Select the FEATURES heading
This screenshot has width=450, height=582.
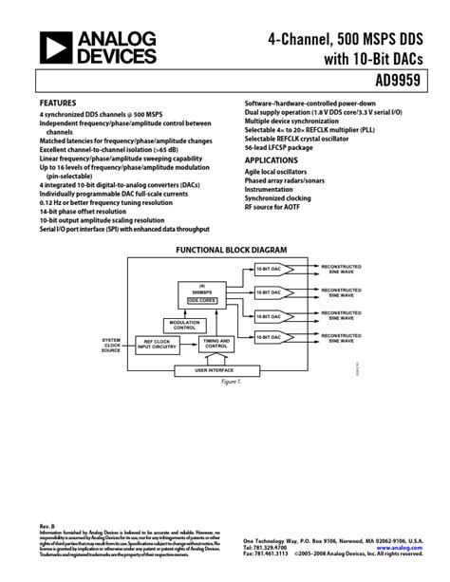(x=59, y=102)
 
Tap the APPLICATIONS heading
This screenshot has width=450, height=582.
(x=272, y=160)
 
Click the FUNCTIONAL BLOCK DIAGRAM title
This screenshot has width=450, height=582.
(x=225, y=249)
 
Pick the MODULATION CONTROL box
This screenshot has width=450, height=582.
(x=184, y=324)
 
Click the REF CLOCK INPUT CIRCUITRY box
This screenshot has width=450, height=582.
(x=157, y=345)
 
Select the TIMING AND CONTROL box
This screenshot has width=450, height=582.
(x=216, y=345)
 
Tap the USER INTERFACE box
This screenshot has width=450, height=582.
(x=215, y=368)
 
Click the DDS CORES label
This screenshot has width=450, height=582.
(x=201, y=299)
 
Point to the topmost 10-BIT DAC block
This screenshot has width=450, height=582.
(x=271, y=269)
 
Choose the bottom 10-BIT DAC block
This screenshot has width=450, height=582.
(x=271, y=337)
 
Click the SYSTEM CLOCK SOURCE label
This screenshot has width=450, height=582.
(x=111, y=345)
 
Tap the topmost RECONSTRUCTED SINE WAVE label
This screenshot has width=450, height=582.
(x=342, y=269)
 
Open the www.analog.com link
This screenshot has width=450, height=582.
(x=399, y=548)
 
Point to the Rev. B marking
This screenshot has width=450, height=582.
(x=47, y=525)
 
